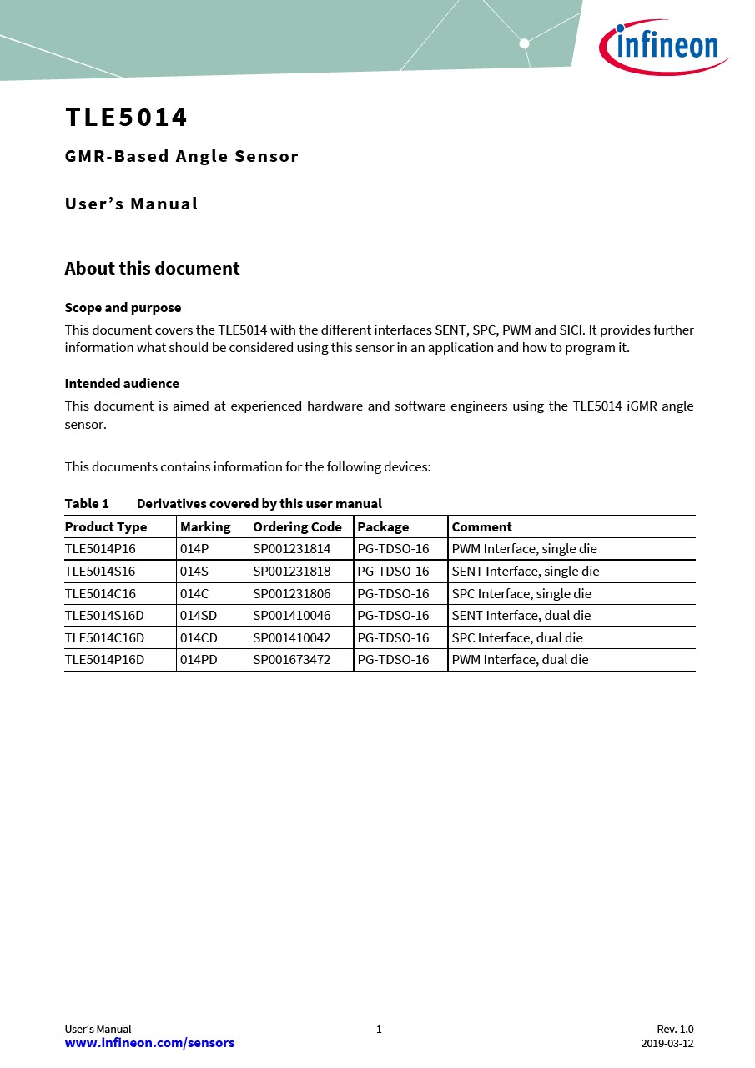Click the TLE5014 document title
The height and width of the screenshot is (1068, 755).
click(x=127, y=118)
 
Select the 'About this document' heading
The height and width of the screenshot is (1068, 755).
click(x=152, y=269)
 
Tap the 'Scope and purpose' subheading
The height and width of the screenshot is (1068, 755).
click(x=123, y=308)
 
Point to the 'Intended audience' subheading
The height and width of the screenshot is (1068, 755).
click(x=122, y=384)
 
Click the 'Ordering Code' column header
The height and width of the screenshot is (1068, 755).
click(x=297, y=527)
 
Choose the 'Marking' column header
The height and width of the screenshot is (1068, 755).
click(x=205, y=527)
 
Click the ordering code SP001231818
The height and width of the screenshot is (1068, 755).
click(x=291, y=572)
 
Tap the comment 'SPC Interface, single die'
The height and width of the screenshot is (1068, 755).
click(x=521, y=594)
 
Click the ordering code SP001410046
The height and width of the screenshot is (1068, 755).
click(x=291, y=616)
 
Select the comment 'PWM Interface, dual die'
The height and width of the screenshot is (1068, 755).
click(x=520, y=660)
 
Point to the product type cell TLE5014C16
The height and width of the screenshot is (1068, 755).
click(x=100, y=594)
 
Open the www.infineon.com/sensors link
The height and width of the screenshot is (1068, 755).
click(x=149, y=1043)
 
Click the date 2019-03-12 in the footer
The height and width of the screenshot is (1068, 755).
click(x=667, y=1044)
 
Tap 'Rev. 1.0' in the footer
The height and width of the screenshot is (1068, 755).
click(x=675, y=1030)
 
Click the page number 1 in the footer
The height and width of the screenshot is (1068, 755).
click(x=379, y=1030)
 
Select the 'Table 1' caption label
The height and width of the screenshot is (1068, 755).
click(x=87, y=504)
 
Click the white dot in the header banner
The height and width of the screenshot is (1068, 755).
click(x=524, y=43)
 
